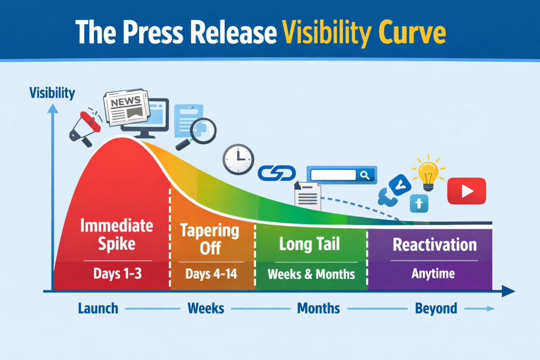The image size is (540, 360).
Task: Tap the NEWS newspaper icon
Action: click(x=127, y=106)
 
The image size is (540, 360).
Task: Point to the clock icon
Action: click(x=238, y=159)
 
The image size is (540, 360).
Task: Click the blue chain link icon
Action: click(x=277, y=173)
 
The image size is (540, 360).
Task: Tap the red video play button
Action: click(x=467, y=191)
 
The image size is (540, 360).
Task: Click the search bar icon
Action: click(x=342, y=175)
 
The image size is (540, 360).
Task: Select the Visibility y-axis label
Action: click(x=52, y=93)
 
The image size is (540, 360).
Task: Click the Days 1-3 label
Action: click(x=118, y=274)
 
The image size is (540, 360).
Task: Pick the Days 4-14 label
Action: click(x=211, y=274)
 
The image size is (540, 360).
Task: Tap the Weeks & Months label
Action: click(x=311, y=274)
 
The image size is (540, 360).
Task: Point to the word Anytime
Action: click(x=433, y=274)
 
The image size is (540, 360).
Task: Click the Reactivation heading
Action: click(x=435, y=245)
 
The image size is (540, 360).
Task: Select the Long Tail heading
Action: click(x=309, y=244)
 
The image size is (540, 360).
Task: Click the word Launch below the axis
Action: click(x=98, y=308)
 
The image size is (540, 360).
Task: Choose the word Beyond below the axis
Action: click(x=436, y=308)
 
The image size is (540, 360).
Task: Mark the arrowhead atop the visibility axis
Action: click(x=53, y=109)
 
